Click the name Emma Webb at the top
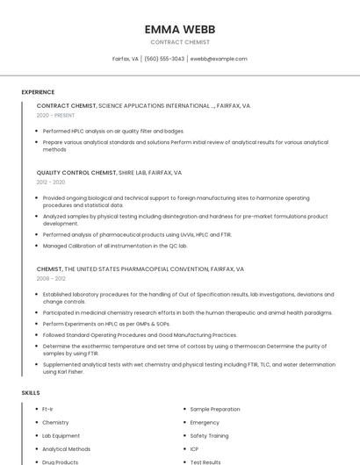pyautogui.click(x=180, y=30)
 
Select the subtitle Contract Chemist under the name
pyautogui.click(x=180, y=42)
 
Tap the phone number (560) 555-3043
pyautogui.click(x=164, y=59)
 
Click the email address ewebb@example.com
pyautogui.click(x=219, y=59)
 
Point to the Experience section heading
pyautogui.click(x=38, y=92)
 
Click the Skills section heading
pyautogui.click(x=31, y=393)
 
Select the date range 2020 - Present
pyautogui.click(x=54, y=116)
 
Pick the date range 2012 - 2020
pyautogui.click(x=51, y=183)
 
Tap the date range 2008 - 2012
pyautogui.click(x=51, y=279)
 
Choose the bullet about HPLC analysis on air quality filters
pyautogui.click(x=113, y=131)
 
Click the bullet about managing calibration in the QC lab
pyautogui.click(x=115, y=246)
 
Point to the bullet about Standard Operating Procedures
pyautogui.click(x=140, y=334)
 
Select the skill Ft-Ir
pyautogui.click(x=48, y=409)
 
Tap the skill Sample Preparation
pyautogui.click(x=215, y=409)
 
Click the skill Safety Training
pyautogui.click(x=209, y=435)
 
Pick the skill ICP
pyautogui.click(x=195, y=448)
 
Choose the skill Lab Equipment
pyautogui.click(x=61, y=435)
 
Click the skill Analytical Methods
pyautogui.click(x=67, y=448)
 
